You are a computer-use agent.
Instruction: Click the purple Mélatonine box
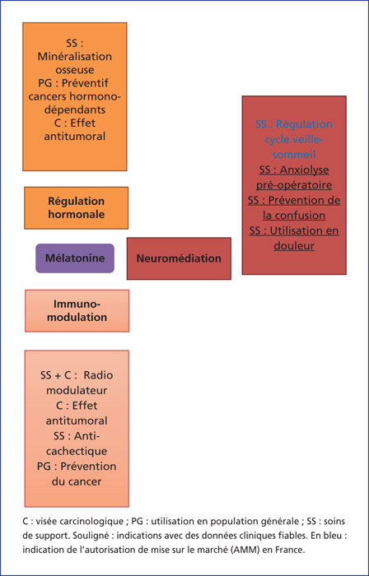pyautogui.click(x=75, y=258)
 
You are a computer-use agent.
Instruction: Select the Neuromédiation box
pyautogui.click(x=179, y=258)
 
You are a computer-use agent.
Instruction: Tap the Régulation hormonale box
pyautogui.click(x=77, y=208)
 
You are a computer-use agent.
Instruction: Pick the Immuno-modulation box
pyautogui.click(x=77, y=311)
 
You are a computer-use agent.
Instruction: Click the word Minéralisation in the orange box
pyautogui.click(x=75, y=57)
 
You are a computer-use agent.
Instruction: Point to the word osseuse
pyautogui.click(x=75, y=70)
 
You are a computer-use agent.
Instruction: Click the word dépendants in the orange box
pyautogui.click(x=75, y=109)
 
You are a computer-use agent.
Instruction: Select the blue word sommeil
pyautogui.click(x=294, y=155)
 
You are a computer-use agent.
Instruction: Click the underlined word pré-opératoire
pyautogui.click(x=294, y=185)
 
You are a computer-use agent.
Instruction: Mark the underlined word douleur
pyautogui.click(x=294, y=245)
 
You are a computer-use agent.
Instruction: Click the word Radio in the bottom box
pyautogui.click(x=98, y=375)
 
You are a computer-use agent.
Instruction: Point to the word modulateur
pyautogui.click(x=77, y=390)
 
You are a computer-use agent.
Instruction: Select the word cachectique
pyautogui.click(x=77, y=450)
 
